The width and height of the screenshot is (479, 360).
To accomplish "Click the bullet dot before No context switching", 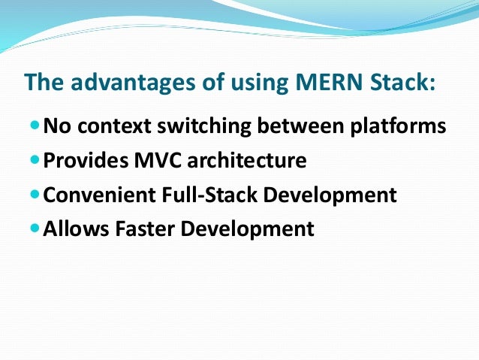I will point(35,125).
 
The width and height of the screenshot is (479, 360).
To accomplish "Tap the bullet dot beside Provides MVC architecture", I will point(35,159).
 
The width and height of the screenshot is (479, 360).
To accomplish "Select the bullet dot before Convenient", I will point(35,194).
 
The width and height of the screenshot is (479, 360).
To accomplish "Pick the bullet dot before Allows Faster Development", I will point(35,228).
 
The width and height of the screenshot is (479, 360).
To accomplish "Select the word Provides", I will point(79,160).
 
